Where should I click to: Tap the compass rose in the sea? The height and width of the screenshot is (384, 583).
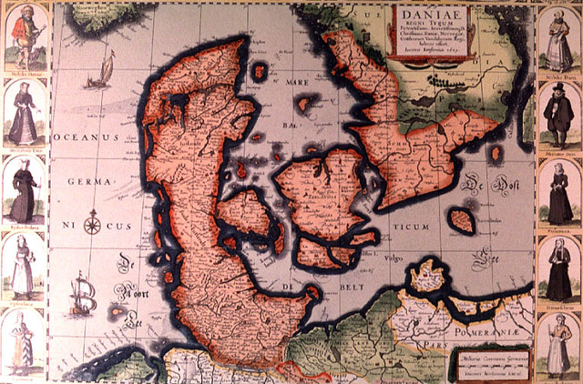pos(91,222)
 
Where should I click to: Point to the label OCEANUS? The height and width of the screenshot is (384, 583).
pos(87,136)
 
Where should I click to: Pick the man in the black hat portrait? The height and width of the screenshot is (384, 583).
pos(558,115)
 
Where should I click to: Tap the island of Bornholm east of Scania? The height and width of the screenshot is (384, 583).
pos(462,220)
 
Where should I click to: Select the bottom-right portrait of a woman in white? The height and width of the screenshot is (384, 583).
pos(557,347)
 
